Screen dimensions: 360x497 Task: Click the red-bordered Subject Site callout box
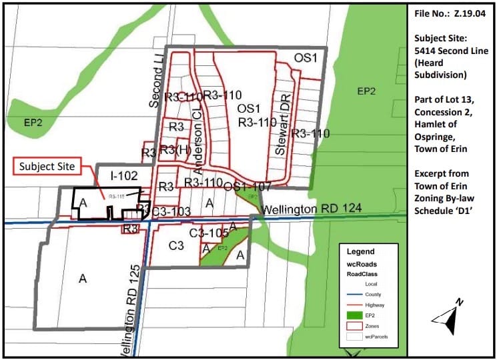(45, 165)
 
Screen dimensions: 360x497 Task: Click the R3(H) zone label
(175, 149)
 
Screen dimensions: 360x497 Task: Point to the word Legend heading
(361, 252)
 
